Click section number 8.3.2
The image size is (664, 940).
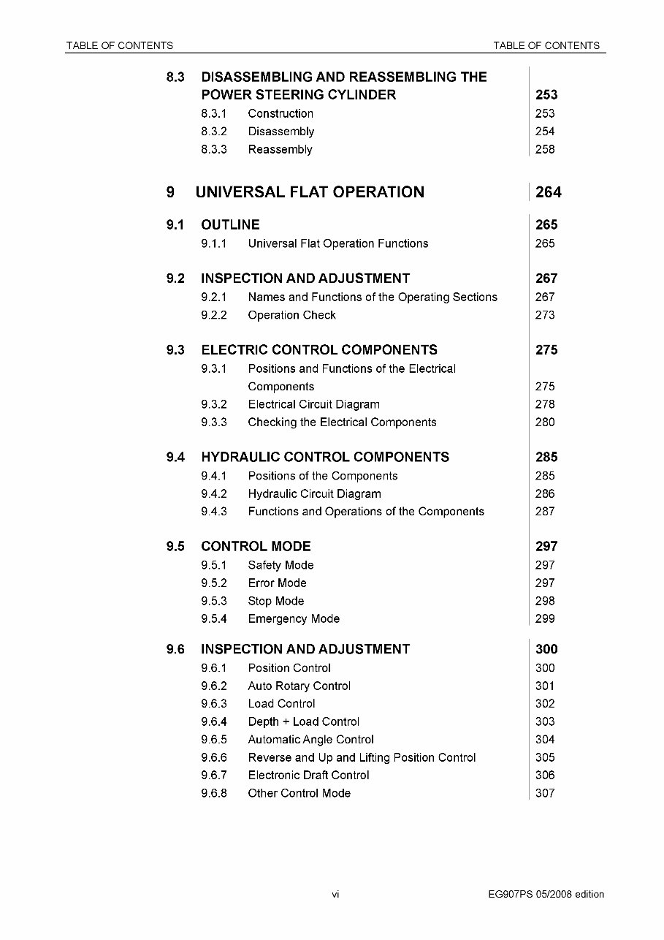(214, 132)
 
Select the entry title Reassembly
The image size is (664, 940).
(280, 150)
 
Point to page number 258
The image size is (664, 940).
(545, 150)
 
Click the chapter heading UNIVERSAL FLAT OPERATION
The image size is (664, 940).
(310, 192)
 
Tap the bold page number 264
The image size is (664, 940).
(548, 192)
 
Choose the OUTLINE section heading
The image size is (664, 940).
(230, 225)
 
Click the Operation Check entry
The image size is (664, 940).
(291, 316)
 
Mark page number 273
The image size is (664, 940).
(545, 316)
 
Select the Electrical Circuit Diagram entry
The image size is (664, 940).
(313, 405)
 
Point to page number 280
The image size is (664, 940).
(545, 422)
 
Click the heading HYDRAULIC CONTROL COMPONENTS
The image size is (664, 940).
(325, 458)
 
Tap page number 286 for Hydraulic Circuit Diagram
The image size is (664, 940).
(545, 494)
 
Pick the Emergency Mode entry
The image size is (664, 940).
(294, 619)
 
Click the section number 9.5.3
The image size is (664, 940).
(214, 602)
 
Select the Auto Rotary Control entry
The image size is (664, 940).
(299, 686)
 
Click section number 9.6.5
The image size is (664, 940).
(214, 740)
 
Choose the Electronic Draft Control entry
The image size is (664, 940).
(308, 776)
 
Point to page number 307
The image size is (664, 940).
(545, 794)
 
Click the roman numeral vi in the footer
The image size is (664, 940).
(335, 895)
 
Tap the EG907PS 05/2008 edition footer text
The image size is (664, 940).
(546, 895)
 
